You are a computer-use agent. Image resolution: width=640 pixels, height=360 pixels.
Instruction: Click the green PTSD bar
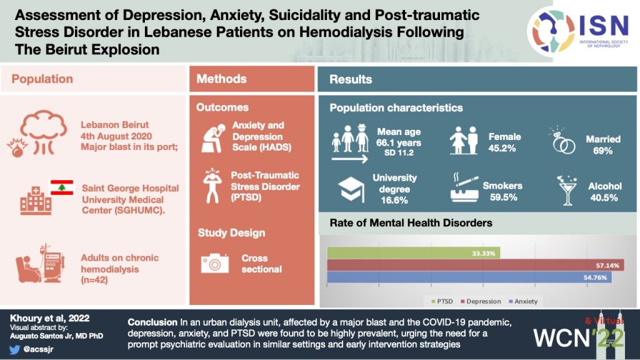tap(413, 253)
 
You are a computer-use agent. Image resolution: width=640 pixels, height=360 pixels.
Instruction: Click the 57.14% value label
tap(606, 266)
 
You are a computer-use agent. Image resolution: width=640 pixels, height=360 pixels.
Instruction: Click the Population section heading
tap(42, 79)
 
